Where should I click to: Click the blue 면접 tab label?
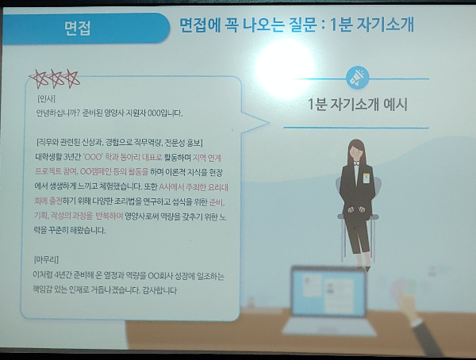[80, 30]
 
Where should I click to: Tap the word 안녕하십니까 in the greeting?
[58, 113]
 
